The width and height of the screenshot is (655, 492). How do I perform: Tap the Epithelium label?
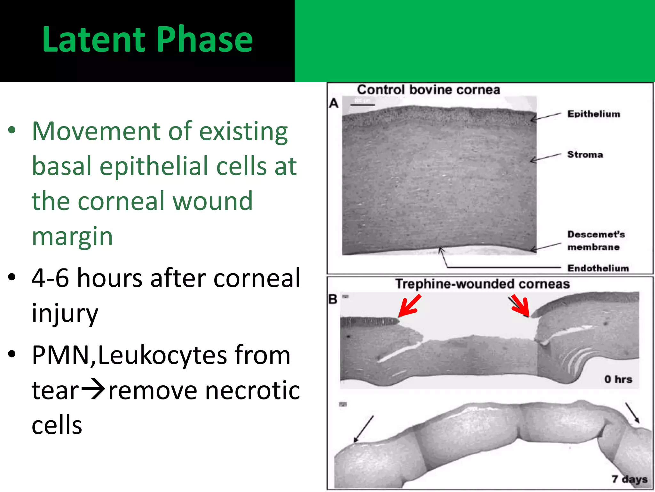593,114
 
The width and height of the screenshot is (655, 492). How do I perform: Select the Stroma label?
585,155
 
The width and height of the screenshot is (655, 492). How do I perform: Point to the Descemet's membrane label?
596,241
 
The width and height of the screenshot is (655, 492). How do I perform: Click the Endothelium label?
598,268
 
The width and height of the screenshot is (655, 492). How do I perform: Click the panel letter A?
334,103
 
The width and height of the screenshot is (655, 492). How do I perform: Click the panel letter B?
333,299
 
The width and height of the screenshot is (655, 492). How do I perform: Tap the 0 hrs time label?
618,379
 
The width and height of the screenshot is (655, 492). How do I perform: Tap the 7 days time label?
629,479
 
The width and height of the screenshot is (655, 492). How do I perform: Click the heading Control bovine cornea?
428,90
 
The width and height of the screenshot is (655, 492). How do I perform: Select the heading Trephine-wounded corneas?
482,284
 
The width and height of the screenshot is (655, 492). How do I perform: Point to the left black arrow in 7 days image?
364,429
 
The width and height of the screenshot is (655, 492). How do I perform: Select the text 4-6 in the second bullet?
50,278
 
